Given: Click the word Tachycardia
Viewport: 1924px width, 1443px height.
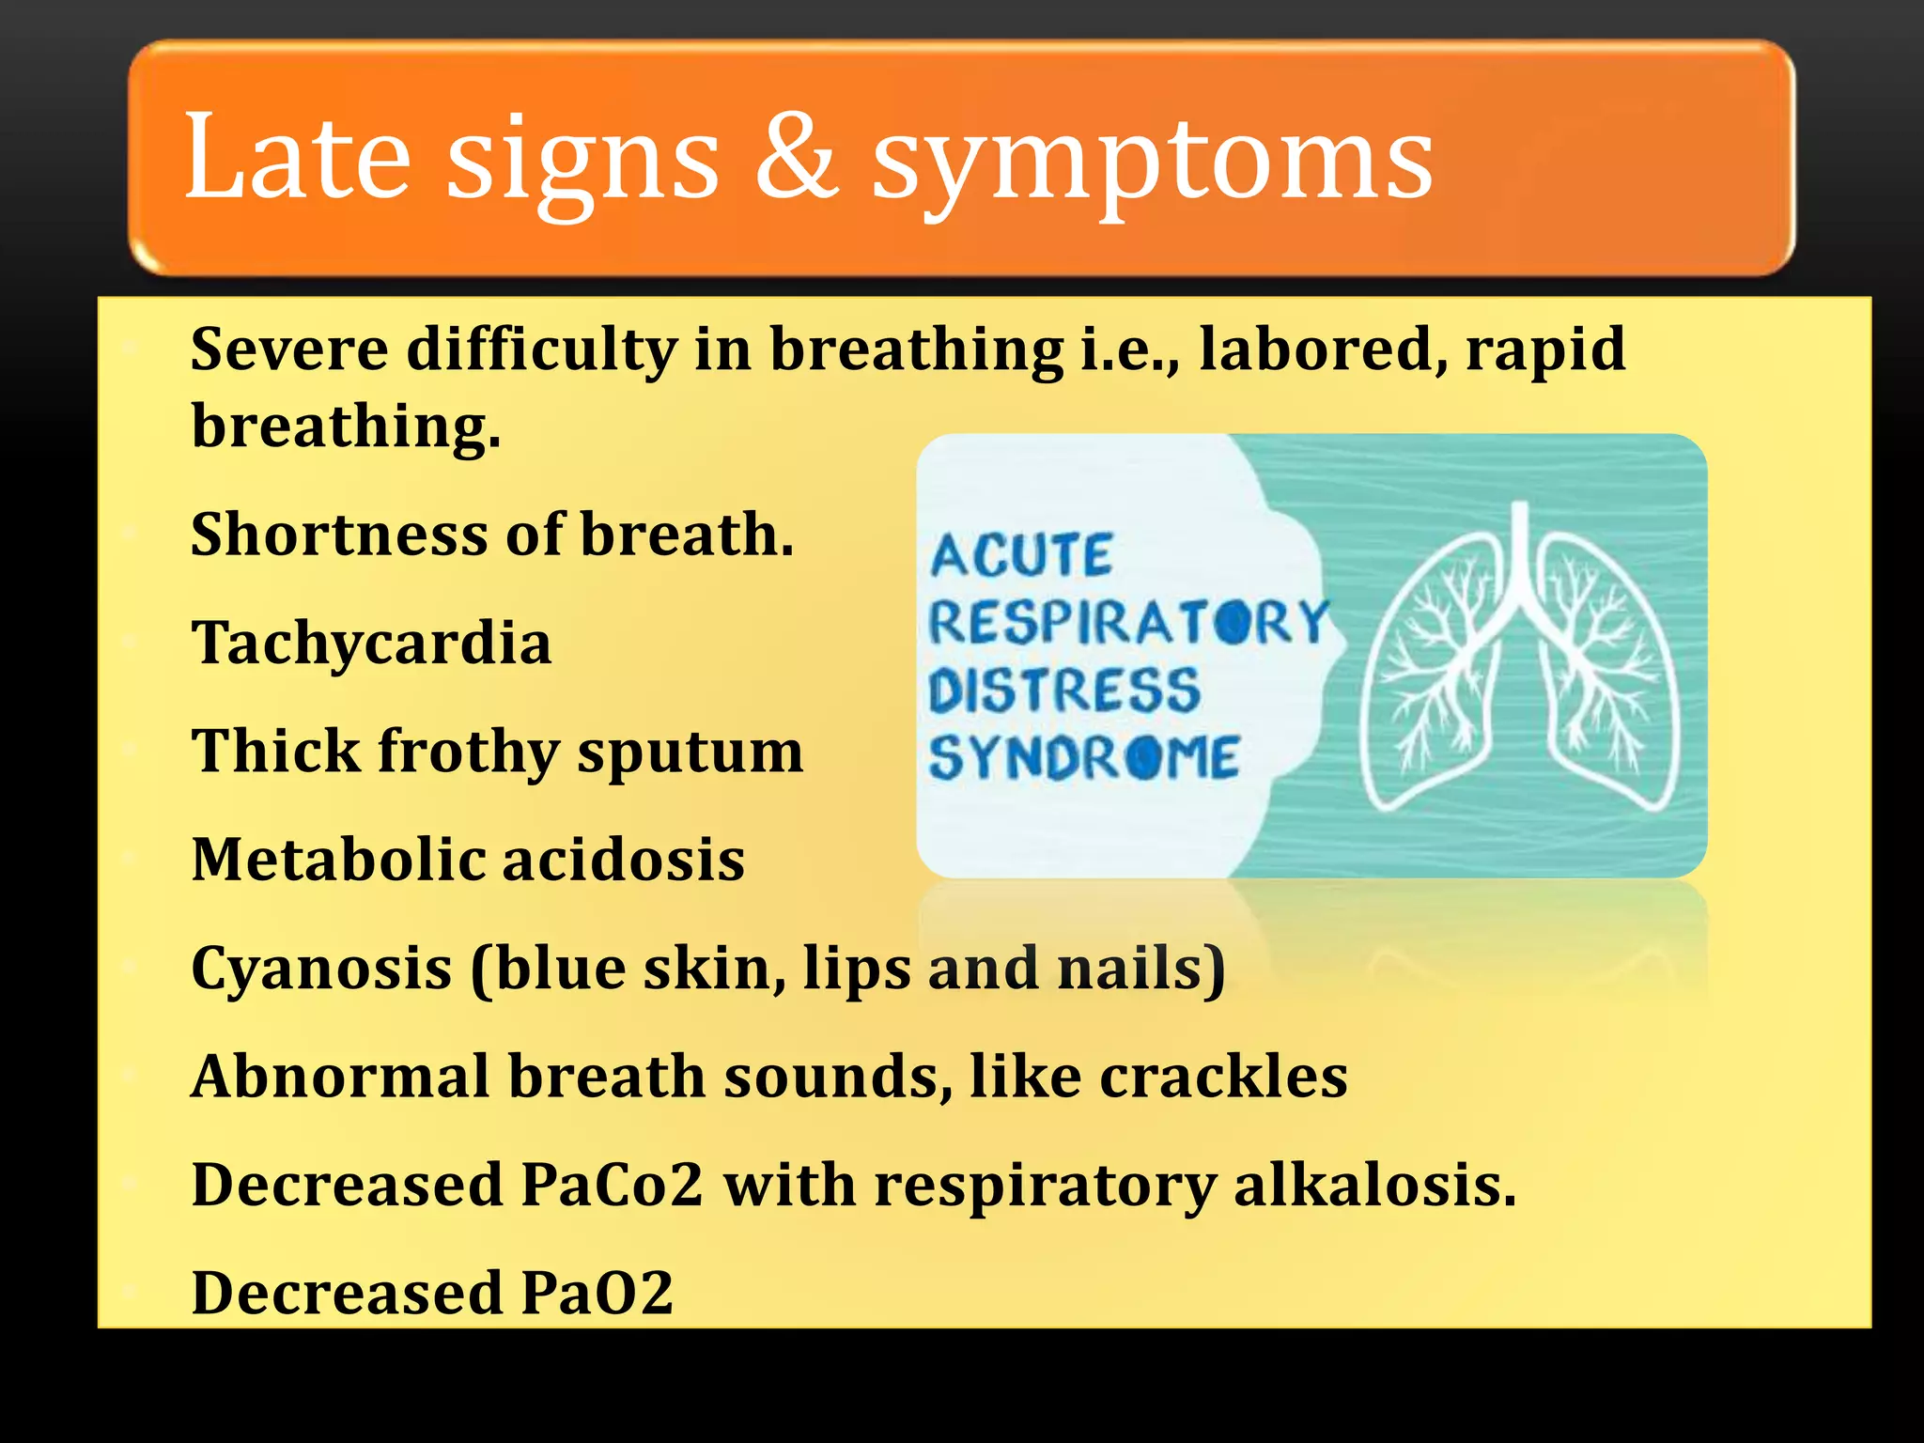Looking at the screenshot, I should [x=371, y=644].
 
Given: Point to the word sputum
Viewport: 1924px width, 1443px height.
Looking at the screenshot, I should [x=690, y=753].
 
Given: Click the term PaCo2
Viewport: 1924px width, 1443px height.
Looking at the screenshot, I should [x=612, y=1185].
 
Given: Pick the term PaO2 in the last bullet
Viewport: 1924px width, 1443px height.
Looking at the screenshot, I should [x=597, y=1294].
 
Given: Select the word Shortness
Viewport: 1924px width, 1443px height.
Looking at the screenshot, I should [x=338, y=535].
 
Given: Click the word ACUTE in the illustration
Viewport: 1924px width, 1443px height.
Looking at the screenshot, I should [x=1021, y=555].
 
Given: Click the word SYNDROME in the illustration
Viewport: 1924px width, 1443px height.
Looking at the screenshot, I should [x=1084, y=758].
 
